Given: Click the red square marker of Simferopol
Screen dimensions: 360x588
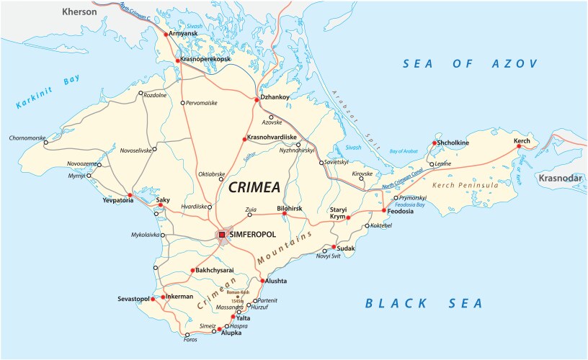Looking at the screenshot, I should coord(223,234).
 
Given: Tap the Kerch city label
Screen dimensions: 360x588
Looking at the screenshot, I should coord(522,140).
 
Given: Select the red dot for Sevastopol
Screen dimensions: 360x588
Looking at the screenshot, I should coord(153,297).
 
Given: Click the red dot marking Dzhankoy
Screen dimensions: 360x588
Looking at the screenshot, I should coord(256,99).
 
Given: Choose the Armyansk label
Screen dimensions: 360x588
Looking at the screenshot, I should coord(183,33).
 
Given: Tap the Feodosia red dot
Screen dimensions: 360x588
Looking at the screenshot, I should coord(384,210).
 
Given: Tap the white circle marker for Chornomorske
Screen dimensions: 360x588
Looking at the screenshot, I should coord(46,143).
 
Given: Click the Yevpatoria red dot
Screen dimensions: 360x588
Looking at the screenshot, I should coord(130,195).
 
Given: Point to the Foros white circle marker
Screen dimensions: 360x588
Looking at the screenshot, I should coord(187,336).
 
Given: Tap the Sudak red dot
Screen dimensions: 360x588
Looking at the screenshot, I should coord(334,248).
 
